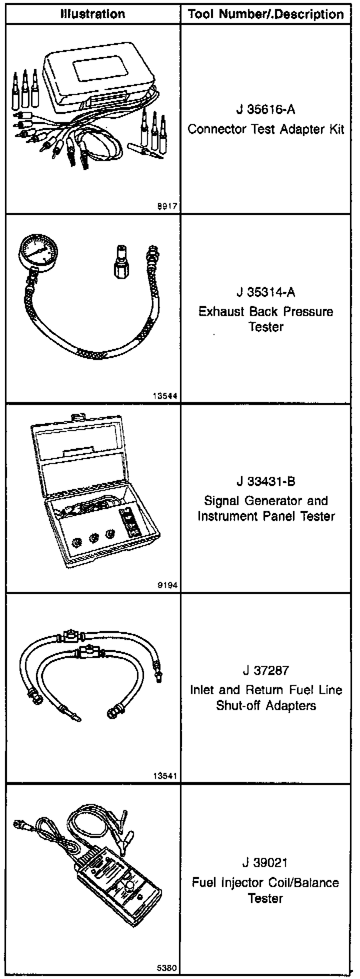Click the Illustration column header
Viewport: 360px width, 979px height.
92,14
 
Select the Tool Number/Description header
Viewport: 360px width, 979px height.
266,14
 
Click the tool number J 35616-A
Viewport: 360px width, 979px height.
266,110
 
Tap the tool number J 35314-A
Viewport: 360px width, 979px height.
266,292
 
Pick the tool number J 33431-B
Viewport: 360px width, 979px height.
266,482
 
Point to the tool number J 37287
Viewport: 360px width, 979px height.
266,670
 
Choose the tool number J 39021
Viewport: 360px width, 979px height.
266,863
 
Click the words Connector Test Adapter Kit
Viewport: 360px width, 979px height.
266,129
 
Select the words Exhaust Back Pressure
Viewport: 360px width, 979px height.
266,311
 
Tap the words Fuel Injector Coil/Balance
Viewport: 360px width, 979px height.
266,882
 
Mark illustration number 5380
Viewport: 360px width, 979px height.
168,968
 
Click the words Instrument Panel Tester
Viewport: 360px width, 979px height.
266,516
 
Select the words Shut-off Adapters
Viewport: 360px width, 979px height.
266,705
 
